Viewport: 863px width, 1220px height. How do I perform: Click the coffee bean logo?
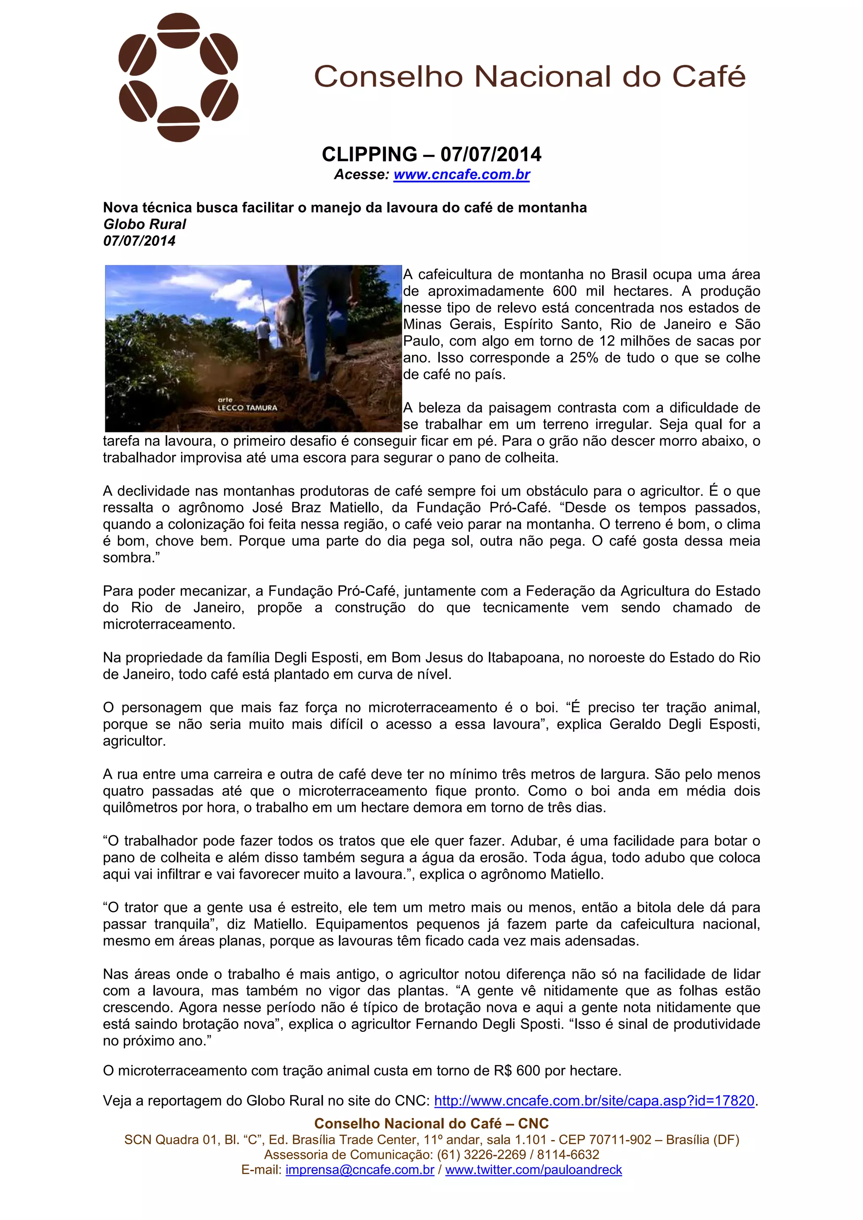coord(178,77)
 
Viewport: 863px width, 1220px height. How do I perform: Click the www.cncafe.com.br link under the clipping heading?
coord(461,174)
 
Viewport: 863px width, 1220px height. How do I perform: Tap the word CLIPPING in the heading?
coord(370,154)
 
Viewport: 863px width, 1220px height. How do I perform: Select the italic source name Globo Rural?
coord(145,224)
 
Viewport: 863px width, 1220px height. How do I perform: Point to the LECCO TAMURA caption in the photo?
coord(247,408)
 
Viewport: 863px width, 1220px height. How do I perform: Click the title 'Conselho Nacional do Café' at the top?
coord(530,77)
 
